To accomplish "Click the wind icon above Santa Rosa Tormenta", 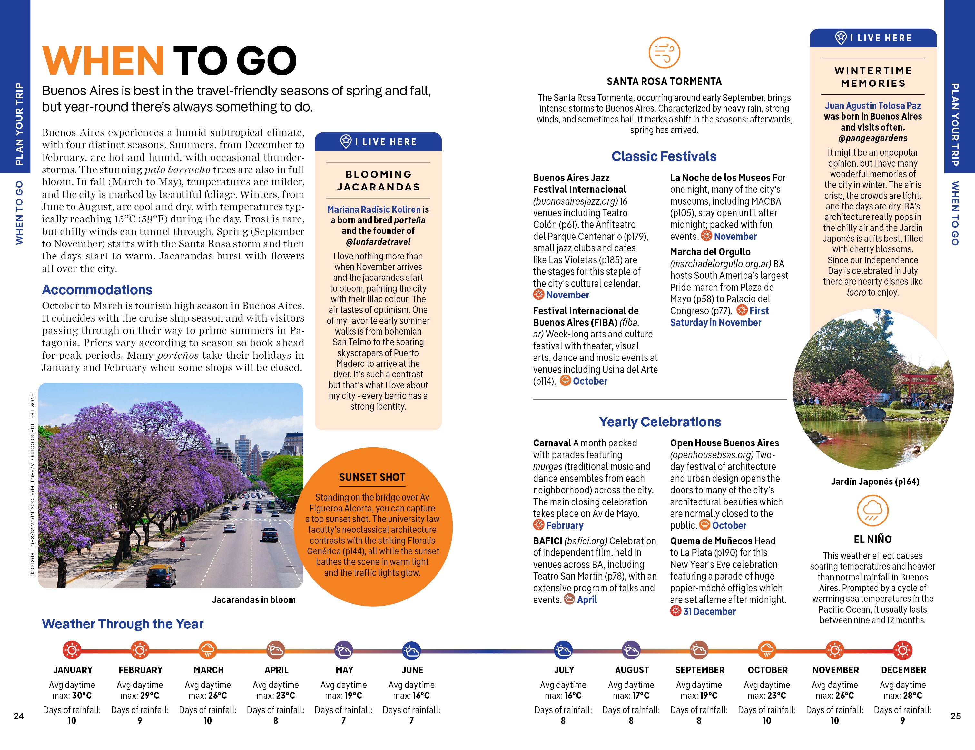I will (664, 53).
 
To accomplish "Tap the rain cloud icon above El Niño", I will (872, 511).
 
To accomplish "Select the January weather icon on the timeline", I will (72, 650).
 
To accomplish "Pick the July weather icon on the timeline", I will (563, 650).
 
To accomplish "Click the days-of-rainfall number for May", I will (343, 721).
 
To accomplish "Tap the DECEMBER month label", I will (903, 670).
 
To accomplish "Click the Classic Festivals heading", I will (664, 157).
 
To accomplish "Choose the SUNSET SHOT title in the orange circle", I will (372, 477).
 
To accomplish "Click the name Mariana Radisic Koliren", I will (374, 209).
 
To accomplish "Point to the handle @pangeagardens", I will (872, 138).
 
